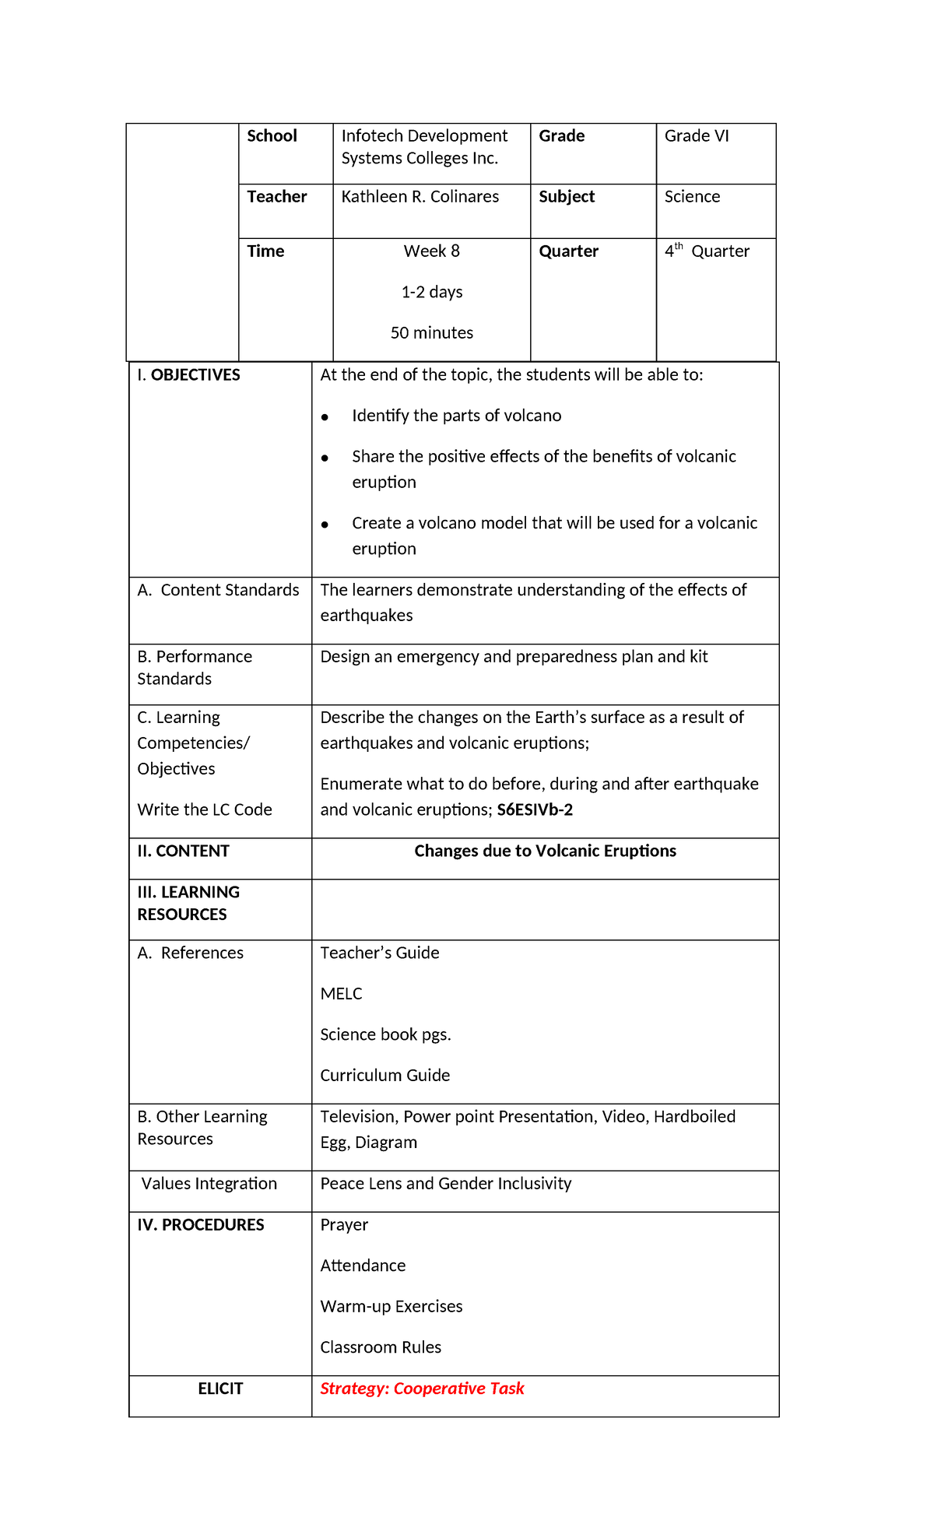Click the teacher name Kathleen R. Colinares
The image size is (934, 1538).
(x=420, y=197)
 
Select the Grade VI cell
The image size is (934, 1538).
(x=697, y=136)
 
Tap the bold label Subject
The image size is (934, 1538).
(x=566, y=197)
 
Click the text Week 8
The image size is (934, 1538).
(x=431, y=251)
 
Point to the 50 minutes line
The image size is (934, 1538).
(x=431, y=333)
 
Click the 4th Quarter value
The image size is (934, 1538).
(x=707, y=251)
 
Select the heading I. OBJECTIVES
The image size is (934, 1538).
(x=188, y=375)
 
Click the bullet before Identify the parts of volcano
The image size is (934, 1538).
(x=325, y=418)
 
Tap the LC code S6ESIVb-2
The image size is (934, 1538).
(x=535, y=810)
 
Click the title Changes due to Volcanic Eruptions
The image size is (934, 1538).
(x=545, y=852)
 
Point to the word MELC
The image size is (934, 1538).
(x=341, y=994)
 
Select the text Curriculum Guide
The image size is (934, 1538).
(x=384, y=1076)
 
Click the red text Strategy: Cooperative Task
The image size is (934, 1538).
(x=422, y=1389)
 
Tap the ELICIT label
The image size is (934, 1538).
(x=220, y=1389)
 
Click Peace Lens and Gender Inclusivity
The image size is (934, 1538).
(x=445, y=1184)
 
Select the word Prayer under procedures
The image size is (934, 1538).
(x=344, y=1225)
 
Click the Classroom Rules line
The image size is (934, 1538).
(x=381, y=1347)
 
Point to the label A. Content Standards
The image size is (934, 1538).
(x=218, y=590)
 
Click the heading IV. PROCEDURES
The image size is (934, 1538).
(x=201, y=1225)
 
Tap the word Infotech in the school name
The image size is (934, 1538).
(x=370, y=136)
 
